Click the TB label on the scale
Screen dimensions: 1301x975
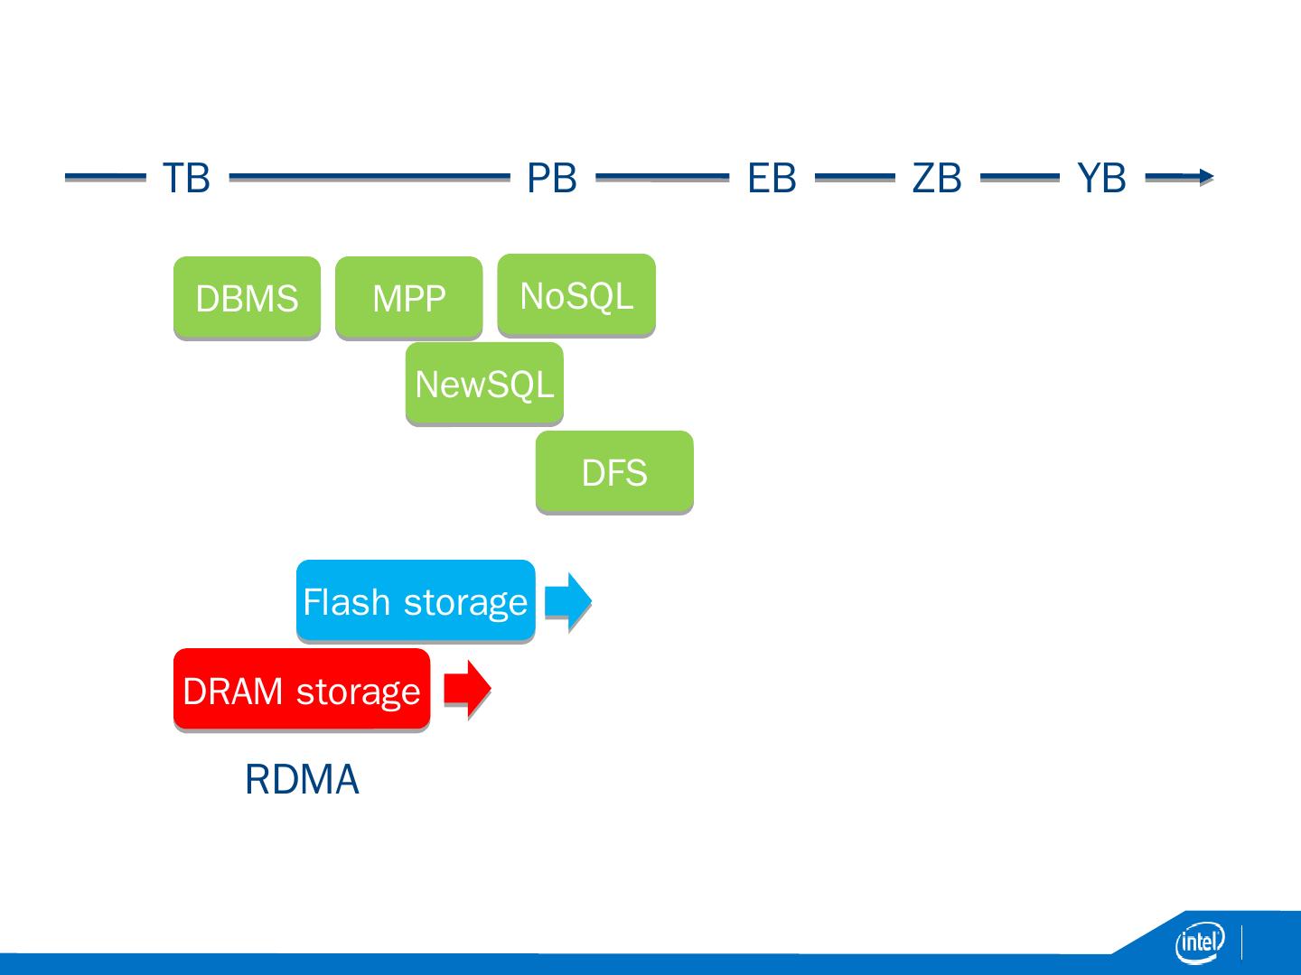186,178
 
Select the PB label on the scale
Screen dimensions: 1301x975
552,178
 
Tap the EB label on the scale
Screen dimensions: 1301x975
772,178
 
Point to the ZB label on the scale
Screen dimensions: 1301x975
937,178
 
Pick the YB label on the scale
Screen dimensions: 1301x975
1101,178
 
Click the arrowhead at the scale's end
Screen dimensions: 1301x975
1207,176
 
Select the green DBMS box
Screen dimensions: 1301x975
248,297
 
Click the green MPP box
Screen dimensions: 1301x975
409,297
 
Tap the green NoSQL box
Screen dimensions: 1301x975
576,295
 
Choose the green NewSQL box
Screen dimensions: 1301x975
484,383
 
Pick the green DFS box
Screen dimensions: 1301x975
614,471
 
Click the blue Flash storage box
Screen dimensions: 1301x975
416,600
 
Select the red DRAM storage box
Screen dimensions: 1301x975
302,689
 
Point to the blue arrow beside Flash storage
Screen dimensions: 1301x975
567,600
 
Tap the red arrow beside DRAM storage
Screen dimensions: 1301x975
467,689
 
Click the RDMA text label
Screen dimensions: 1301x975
302,779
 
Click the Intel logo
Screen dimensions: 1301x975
1200,942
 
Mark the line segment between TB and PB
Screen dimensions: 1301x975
370,176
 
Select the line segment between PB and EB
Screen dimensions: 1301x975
662,176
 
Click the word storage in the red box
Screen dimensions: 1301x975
358,692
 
